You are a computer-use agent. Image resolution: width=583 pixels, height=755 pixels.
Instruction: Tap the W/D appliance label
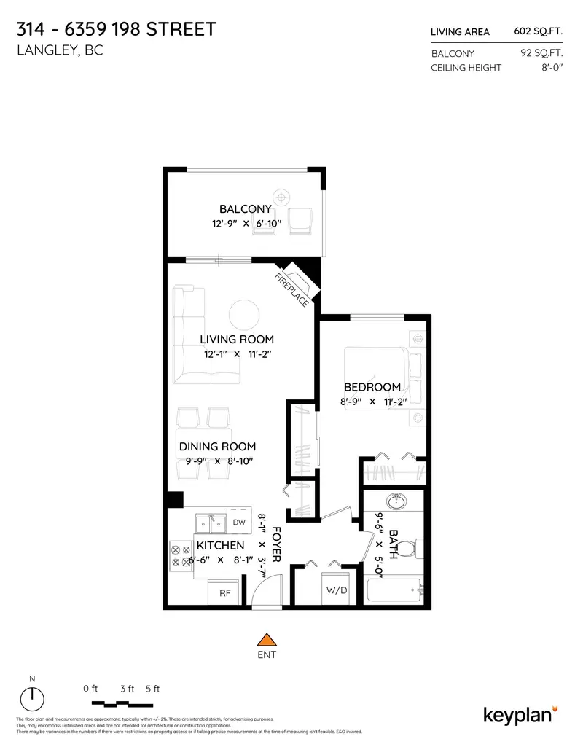[336, 590]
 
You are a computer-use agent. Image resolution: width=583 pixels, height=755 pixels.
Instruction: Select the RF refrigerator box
[225, 593]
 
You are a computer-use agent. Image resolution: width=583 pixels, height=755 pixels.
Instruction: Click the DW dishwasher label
[238, 522]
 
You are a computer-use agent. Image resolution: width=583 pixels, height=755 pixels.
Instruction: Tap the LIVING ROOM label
[237, 339]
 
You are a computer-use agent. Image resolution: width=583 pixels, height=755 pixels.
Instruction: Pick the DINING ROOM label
[217, 446]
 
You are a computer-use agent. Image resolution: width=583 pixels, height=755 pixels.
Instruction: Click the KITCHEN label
[220, 545]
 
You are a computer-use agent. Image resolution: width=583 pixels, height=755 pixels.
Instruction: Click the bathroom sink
[397, 501]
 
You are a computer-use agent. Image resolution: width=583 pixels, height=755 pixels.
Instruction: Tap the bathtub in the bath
[394, 590]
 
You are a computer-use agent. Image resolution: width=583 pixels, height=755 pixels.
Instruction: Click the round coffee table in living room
[244, 316]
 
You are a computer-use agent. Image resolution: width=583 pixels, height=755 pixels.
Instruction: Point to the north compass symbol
[32, 700]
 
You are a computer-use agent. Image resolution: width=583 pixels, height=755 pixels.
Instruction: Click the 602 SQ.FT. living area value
[539, 31]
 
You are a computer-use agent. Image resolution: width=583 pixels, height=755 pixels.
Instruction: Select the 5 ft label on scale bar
[152, 689]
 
